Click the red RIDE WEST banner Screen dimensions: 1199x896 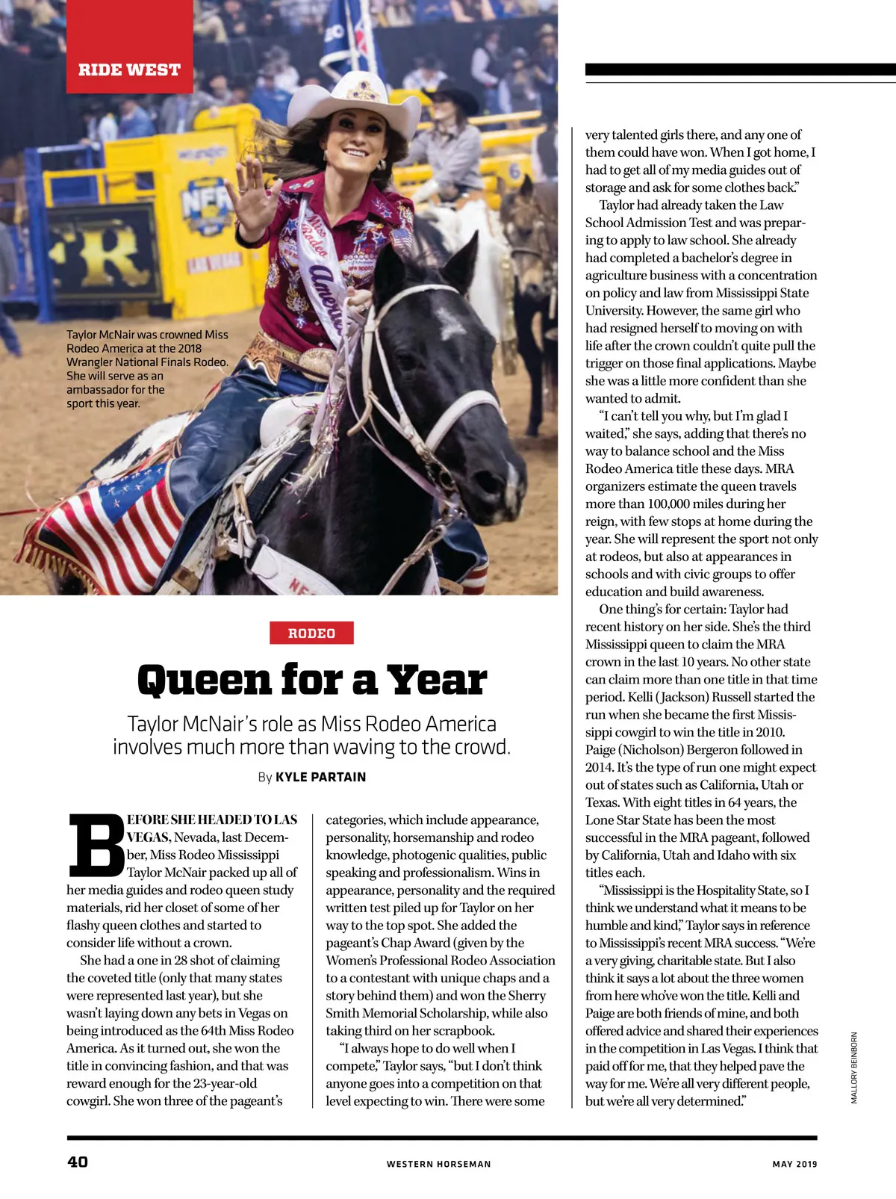pyautogui.click(x=130, y=69)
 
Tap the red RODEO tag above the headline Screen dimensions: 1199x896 pyautogui.click(x=311, y=633)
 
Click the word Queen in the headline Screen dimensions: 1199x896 pyautogui.click(x=204, y=680)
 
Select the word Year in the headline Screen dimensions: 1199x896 pyautogui.click(x=437, y=680)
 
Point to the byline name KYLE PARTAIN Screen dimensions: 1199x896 pyautogui.click(x=320, y=777)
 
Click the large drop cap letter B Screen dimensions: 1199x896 pyautogui.click(x=96, y=845)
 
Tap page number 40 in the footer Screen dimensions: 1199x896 pyautogui.click(x=78, y=1162)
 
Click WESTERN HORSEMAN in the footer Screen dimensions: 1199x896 pyautogui.click(x=438, y=1164)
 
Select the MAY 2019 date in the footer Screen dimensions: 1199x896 pyautogui.click(x=794, y=1164)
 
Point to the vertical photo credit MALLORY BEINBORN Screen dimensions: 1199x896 pyautogui.click(x=854, y=1068)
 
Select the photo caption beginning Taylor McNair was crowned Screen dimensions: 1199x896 pyautogui.click(x=147, y=368)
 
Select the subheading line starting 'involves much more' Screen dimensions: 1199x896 pyautogui.click(x=311, y=746)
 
